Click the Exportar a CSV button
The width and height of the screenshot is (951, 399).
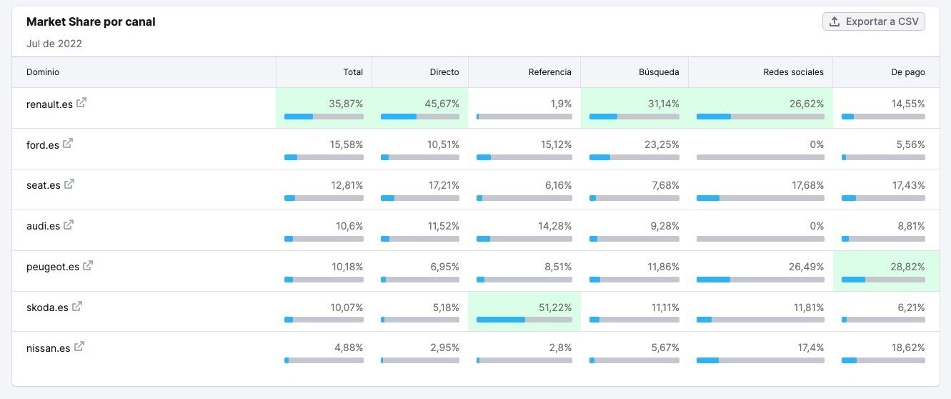[x=873, y=21]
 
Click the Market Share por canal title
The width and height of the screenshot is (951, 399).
[x=91, y=21]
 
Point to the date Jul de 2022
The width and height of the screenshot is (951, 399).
[x=54, y=44]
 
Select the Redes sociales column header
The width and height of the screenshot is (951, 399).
[x=793, y=72]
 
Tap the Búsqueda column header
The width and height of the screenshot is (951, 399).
[x=659, y=72]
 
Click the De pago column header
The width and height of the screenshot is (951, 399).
[x=908, y=72]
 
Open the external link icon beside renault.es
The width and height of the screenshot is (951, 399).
[x=81, y=102]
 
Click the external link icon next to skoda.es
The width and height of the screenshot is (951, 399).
[x=77, y=306]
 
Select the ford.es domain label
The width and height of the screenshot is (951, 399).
[x=43, y=145]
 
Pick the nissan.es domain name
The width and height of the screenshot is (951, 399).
[x=49, y=348]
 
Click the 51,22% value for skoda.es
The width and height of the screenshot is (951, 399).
[x=554, y=307]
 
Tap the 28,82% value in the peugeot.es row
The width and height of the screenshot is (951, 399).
[x=907, y=267]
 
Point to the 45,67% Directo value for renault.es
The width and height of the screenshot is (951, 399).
[x=442, y=104]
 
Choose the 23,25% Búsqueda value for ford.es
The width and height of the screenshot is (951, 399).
[x=662, y=144]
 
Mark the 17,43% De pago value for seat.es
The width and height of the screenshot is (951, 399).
[x=907, y=185]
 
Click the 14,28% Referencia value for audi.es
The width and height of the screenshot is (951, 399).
[x=554, y=226]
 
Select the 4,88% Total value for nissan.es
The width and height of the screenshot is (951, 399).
[x=349, y=348]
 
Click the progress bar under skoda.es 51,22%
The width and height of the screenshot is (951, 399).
[x=524, y=320]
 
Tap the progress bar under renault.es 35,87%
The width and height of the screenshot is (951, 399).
[x=324, y=117]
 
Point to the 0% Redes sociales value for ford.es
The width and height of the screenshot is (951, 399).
[x=817, y=144]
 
